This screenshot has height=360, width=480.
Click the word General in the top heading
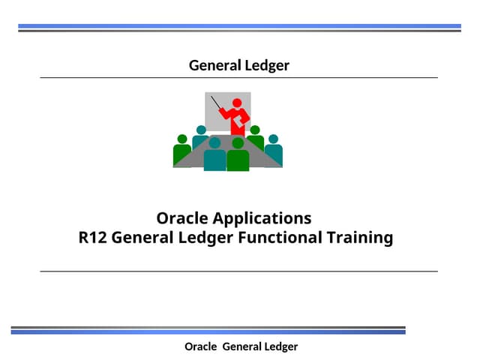(x=214, y=65)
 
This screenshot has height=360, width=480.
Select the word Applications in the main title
(x=262, y=219)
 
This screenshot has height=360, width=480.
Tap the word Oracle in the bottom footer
(x=200, y=346)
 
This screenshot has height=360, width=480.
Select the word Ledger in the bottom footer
(x=281, y=346)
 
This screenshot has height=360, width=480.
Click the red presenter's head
(x=238, y=103)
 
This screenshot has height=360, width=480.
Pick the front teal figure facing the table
(x=214, y=155)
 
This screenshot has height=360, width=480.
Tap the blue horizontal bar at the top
(x=239, y=26)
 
